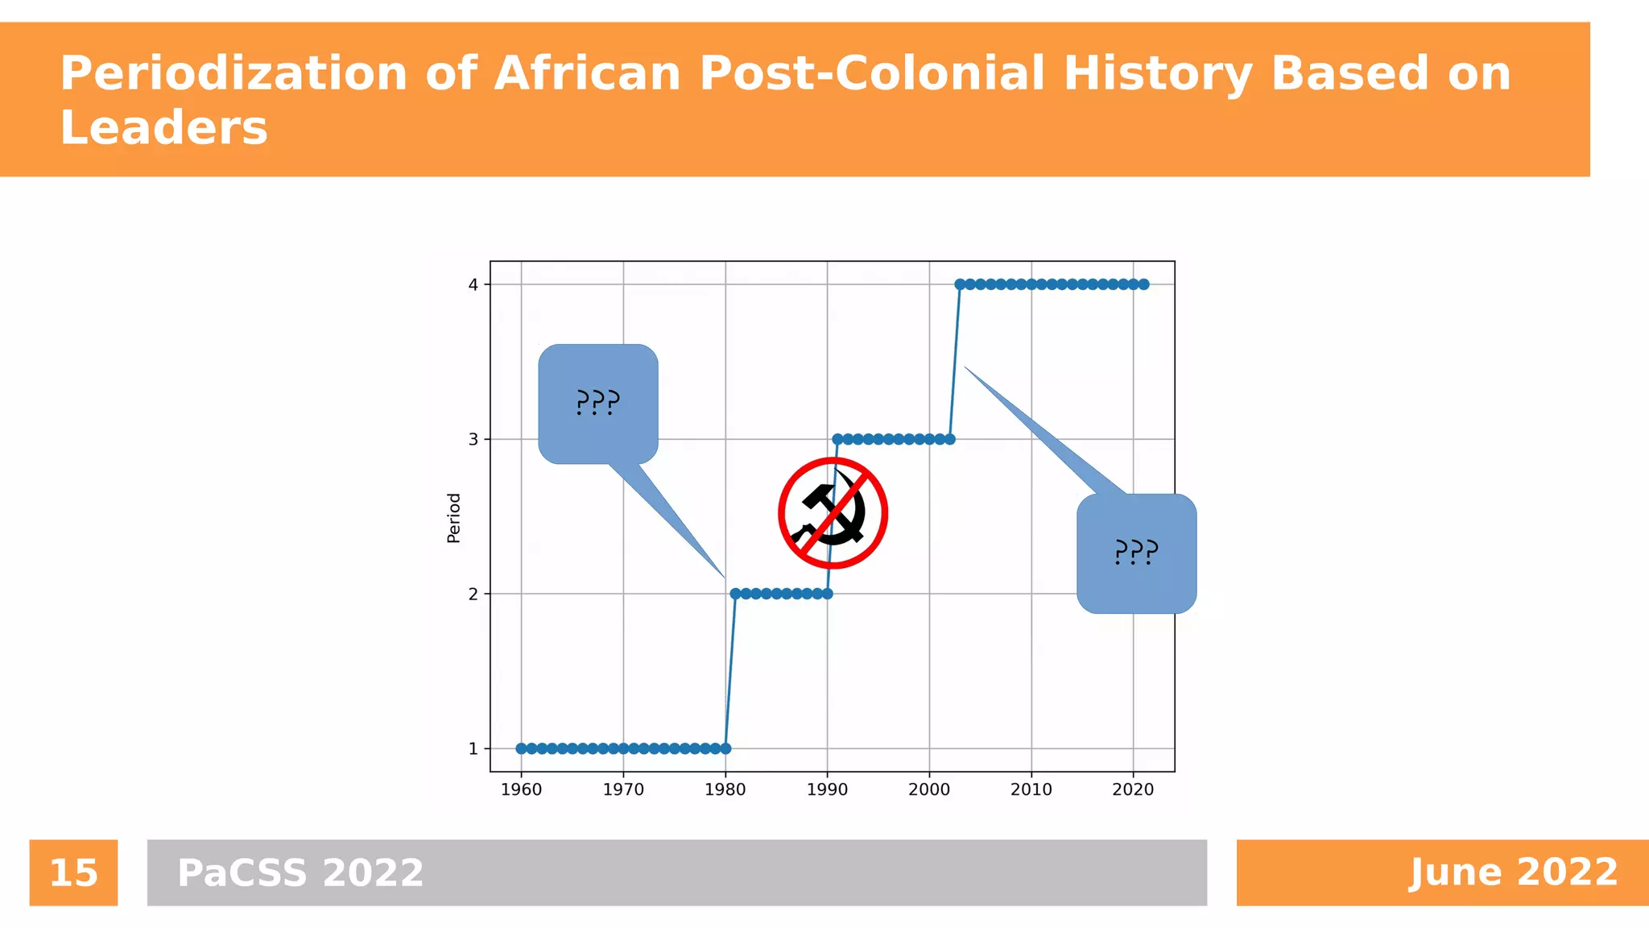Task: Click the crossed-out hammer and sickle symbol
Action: [833, 513]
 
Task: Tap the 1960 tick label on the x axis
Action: [521, 790]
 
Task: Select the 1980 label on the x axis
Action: [725, 790]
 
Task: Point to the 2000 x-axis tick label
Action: [929, 790]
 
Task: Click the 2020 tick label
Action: [1133, 790]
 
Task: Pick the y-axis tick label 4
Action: [473, 284]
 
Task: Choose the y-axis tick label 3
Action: [473, 439]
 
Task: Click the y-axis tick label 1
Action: [473, 749]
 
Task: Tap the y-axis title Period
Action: [454, 517]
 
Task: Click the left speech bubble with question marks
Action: [598, 404]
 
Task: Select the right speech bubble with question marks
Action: [1136, 553]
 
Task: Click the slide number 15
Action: [73, 873]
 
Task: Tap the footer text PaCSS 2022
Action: [300, 873]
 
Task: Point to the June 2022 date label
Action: [1513, 872]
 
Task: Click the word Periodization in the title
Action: [234, 74]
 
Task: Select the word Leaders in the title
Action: [163, 128]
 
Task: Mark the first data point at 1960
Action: [521, 748]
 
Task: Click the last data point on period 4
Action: [1143, 284]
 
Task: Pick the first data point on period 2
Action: [735, 594]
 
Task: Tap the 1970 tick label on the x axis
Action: [623, 790]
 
